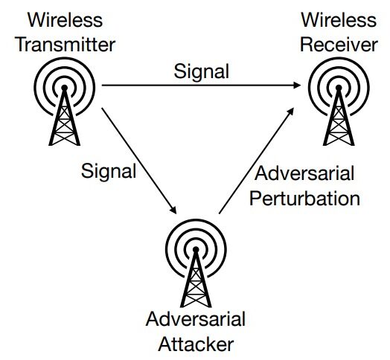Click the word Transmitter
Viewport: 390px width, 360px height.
click(x=65, y=45)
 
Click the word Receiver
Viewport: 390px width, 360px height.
click(x=339, y=45)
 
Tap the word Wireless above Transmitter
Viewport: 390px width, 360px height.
click(x=65, y=20)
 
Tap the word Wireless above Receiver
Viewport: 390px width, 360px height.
click(x=339, y=20)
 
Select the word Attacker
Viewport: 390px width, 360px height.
click(x=196, y=344)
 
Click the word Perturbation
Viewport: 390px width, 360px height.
click(x=304, y=199)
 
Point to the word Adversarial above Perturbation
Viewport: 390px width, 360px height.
click(x=304, y=173)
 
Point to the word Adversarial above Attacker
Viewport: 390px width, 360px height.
click(x=196, y=319)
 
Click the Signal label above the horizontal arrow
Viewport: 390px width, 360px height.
click(x=201, y=72)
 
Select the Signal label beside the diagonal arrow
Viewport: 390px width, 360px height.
click(x=109, y=172)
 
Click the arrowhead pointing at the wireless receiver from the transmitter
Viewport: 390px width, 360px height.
click(x=297, y=86)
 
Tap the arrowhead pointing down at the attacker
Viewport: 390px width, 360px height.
click(x=173, y=210)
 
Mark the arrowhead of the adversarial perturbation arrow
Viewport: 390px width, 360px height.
click(x=291, y=112)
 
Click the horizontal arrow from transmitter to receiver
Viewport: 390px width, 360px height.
click(x=202, y=86)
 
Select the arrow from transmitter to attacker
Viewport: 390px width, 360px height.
click(x=139, y=161)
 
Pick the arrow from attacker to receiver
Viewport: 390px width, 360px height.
click(x=257, y=161)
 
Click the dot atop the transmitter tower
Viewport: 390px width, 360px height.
click(x=65, y=88)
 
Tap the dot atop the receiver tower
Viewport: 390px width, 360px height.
click(x=339, y=88)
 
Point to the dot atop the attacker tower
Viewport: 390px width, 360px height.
click(x=196, y=249)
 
